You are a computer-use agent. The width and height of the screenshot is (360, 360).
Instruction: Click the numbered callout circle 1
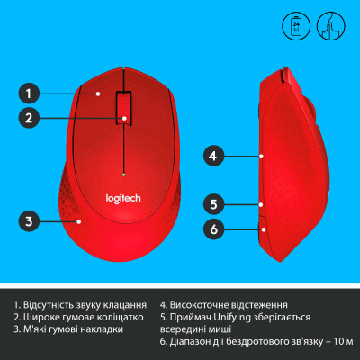[30, 93]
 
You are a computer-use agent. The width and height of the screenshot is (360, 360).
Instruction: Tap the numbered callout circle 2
[30, 117]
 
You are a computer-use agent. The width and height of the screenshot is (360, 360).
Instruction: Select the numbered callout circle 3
[30, 220]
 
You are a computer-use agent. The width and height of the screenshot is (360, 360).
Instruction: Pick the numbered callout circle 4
[214, 156]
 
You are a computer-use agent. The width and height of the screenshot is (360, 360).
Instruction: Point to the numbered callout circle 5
[214, 203]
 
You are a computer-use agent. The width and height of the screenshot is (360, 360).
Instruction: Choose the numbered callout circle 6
[214, 229]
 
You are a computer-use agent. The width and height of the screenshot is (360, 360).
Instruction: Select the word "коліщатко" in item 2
[116, 318]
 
